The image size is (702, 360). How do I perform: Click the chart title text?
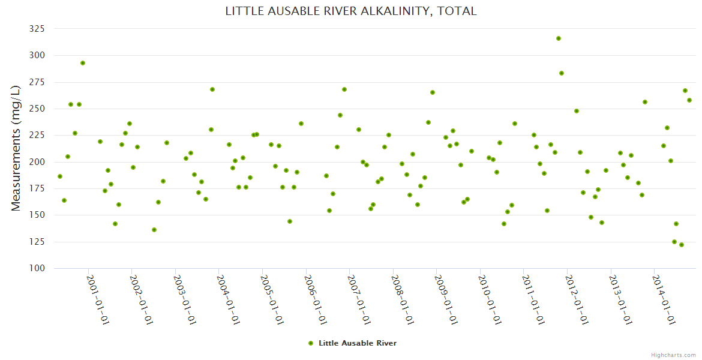(351, 11)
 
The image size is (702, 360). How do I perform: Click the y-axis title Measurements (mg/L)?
(16, 148)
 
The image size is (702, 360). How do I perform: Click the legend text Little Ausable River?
(358, 343)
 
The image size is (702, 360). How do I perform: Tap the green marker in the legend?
(311, 343)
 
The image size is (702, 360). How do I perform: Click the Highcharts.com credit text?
(673, 355)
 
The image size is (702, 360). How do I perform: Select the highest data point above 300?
(559, 38)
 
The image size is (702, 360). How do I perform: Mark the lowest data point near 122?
(682, 245)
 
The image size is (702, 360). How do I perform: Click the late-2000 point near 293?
(83, 63)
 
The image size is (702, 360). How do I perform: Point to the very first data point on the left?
(60, 176)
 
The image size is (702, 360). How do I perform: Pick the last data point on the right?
(689, 100)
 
